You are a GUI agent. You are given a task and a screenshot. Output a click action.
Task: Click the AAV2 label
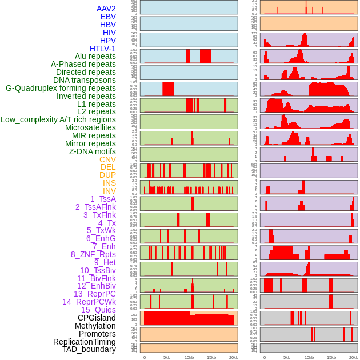pos(106,9)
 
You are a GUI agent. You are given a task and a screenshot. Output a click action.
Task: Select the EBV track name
pos(107,17)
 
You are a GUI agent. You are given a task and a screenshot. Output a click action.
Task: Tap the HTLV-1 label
pos(102,49)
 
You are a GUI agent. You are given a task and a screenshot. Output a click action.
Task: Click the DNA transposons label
pos(85,80)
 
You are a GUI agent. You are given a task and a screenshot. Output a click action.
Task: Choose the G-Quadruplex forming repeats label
pos(61,88)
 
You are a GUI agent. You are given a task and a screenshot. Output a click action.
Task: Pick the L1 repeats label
pos(97,104)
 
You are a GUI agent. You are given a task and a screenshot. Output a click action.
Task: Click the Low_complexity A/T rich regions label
pos(58,119)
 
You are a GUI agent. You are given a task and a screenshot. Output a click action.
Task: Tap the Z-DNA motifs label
pos(92,151)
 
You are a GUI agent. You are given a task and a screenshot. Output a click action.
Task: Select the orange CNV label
pos(107,159)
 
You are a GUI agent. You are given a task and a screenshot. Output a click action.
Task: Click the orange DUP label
pos(107,175)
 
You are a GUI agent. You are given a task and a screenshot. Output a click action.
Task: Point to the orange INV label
pos(109,191)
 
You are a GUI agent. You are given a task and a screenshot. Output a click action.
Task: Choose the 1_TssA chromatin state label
pos(103,199)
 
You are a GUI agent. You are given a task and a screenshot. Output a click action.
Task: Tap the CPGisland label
pos(97,318)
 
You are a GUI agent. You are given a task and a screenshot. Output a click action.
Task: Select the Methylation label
pos(95,326)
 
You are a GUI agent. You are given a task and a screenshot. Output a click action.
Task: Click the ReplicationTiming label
pos(85,342)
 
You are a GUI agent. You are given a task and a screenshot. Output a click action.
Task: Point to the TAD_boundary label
pos(89,349)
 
